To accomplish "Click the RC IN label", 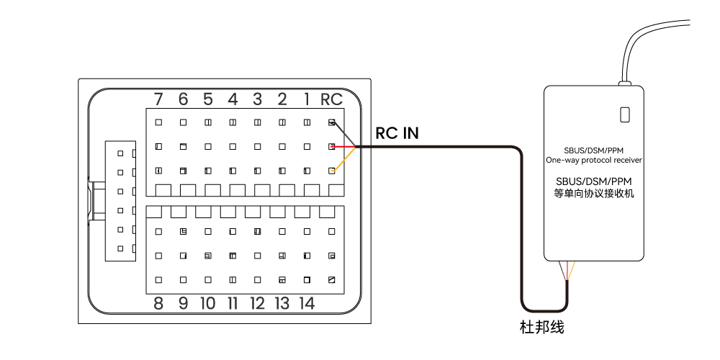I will (397, 133).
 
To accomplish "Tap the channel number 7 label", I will (158, 99).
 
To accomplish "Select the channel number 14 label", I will (307, 303).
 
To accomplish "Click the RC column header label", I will (331, 99).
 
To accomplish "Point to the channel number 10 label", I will (207, 303).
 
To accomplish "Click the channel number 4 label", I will (233, 99).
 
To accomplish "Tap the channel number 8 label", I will (158, 303).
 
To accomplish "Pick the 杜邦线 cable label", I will (541, 328).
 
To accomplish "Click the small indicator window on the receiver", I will (625, 114).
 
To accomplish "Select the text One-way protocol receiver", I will (594, 160).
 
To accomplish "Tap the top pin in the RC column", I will (331, 122).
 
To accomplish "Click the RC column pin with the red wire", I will (331, 146).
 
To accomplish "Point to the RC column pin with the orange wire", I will (331, 171).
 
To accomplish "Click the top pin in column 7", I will (158, 122).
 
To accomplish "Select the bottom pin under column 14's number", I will (307, 279).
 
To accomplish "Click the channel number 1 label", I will (307, 99).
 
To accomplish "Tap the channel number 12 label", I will (257, 303).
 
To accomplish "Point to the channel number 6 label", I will (183, 99).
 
